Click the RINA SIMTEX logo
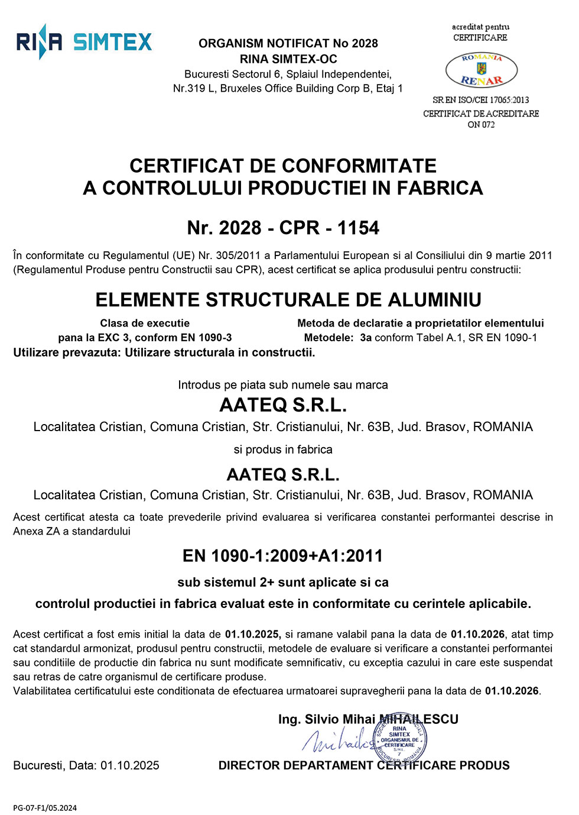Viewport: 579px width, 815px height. (x=84, y=41)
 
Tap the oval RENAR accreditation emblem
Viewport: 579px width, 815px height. (x=481, y=70)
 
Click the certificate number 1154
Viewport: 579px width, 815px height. (x=358, y=228)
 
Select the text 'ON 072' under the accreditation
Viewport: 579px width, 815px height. (x=481, y=125)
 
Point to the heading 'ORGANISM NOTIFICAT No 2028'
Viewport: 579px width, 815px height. (x=288, y=43)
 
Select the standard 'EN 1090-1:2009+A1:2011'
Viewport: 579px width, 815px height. (x=283, y=556)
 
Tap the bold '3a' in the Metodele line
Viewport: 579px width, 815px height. (x=366, y=338)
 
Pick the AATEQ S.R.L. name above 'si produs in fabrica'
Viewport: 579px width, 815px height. (x=283, y=405)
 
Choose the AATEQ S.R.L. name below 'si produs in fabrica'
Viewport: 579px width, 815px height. (x=283, y=475)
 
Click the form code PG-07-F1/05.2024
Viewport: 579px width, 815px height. (x=45, y=808)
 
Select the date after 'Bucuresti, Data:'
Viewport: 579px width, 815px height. (x=130, y=765)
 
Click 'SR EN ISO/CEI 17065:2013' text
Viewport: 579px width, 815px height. (x=481, y=100)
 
